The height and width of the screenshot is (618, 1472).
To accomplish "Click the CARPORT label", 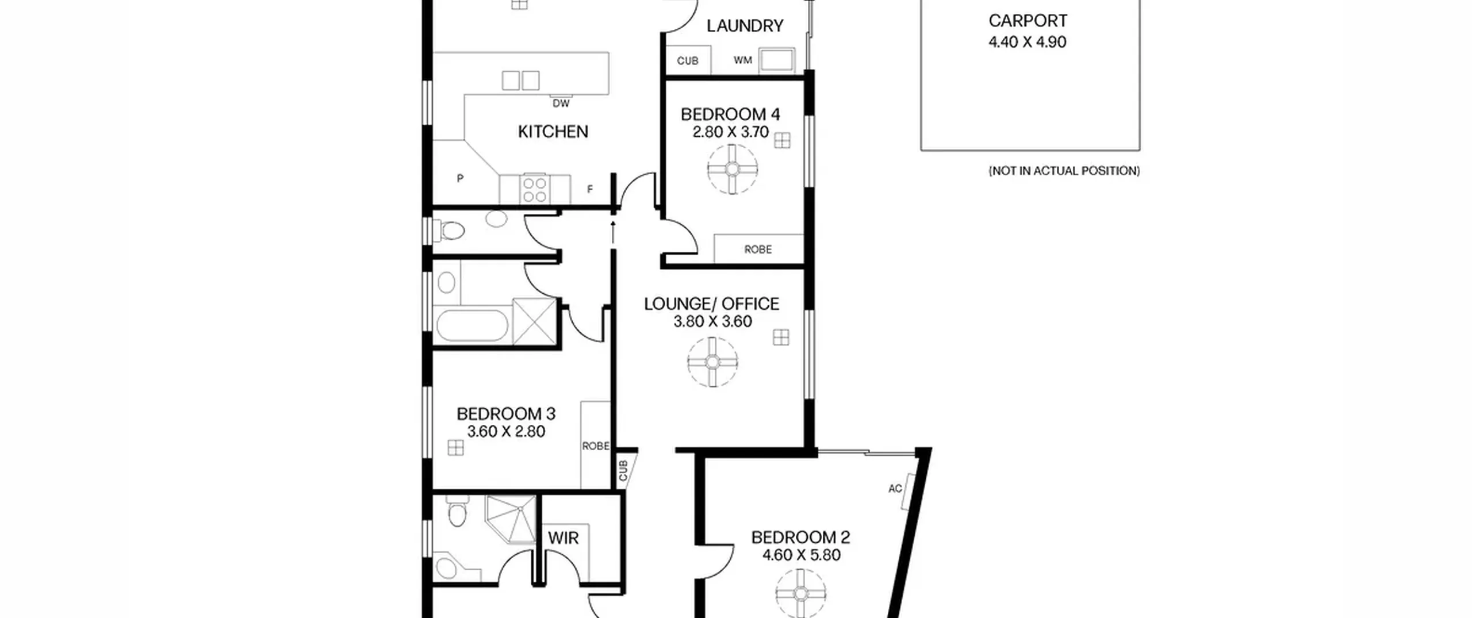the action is click(x=1028, y=21).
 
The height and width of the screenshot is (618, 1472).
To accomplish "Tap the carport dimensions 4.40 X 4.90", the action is click(x=1028, y=42).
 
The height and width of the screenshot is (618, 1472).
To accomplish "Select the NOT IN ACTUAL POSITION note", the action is click(x=1064, y=171).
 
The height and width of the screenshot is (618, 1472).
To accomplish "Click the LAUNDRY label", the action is click(x=745, y=26).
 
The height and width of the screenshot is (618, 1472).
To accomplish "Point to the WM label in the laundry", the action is click(x=743, y=60).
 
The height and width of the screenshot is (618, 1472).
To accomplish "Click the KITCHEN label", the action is click(x=553, y=132).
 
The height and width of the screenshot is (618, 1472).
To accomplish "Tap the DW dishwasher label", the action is click(x=561, y=103).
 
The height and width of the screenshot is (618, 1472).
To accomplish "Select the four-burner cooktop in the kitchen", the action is click(x=535, y=189).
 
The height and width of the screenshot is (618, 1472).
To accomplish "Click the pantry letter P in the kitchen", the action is click(x=460, y=179).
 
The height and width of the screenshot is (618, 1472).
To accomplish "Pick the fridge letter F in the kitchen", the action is click(x=590, y=189).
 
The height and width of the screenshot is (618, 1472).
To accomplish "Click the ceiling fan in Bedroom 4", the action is click(x=733, y=169).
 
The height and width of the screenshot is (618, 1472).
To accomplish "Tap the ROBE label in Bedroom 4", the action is click(x=758, y=249).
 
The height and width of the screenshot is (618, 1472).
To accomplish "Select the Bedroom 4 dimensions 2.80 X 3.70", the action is click(x=730, y=132).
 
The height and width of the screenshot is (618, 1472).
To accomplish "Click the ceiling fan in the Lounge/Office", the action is click(x=713, y=362).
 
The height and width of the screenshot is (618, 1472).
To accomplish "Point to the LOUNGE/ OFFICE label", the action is click(x=712, y=304).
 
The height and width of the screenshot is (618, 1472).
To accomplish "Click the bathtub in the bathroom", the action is click(x=473, y=326).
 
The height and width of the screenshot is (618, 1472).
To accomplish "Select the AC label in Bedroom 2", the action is click(x=895, y=489).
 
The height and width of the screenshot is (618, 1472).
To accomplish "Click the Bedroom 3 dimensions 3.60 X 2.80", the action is click(x=506, y=432).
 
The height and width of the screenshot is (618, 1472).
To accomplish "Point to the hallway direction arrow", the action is click(x=613, y=232).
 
